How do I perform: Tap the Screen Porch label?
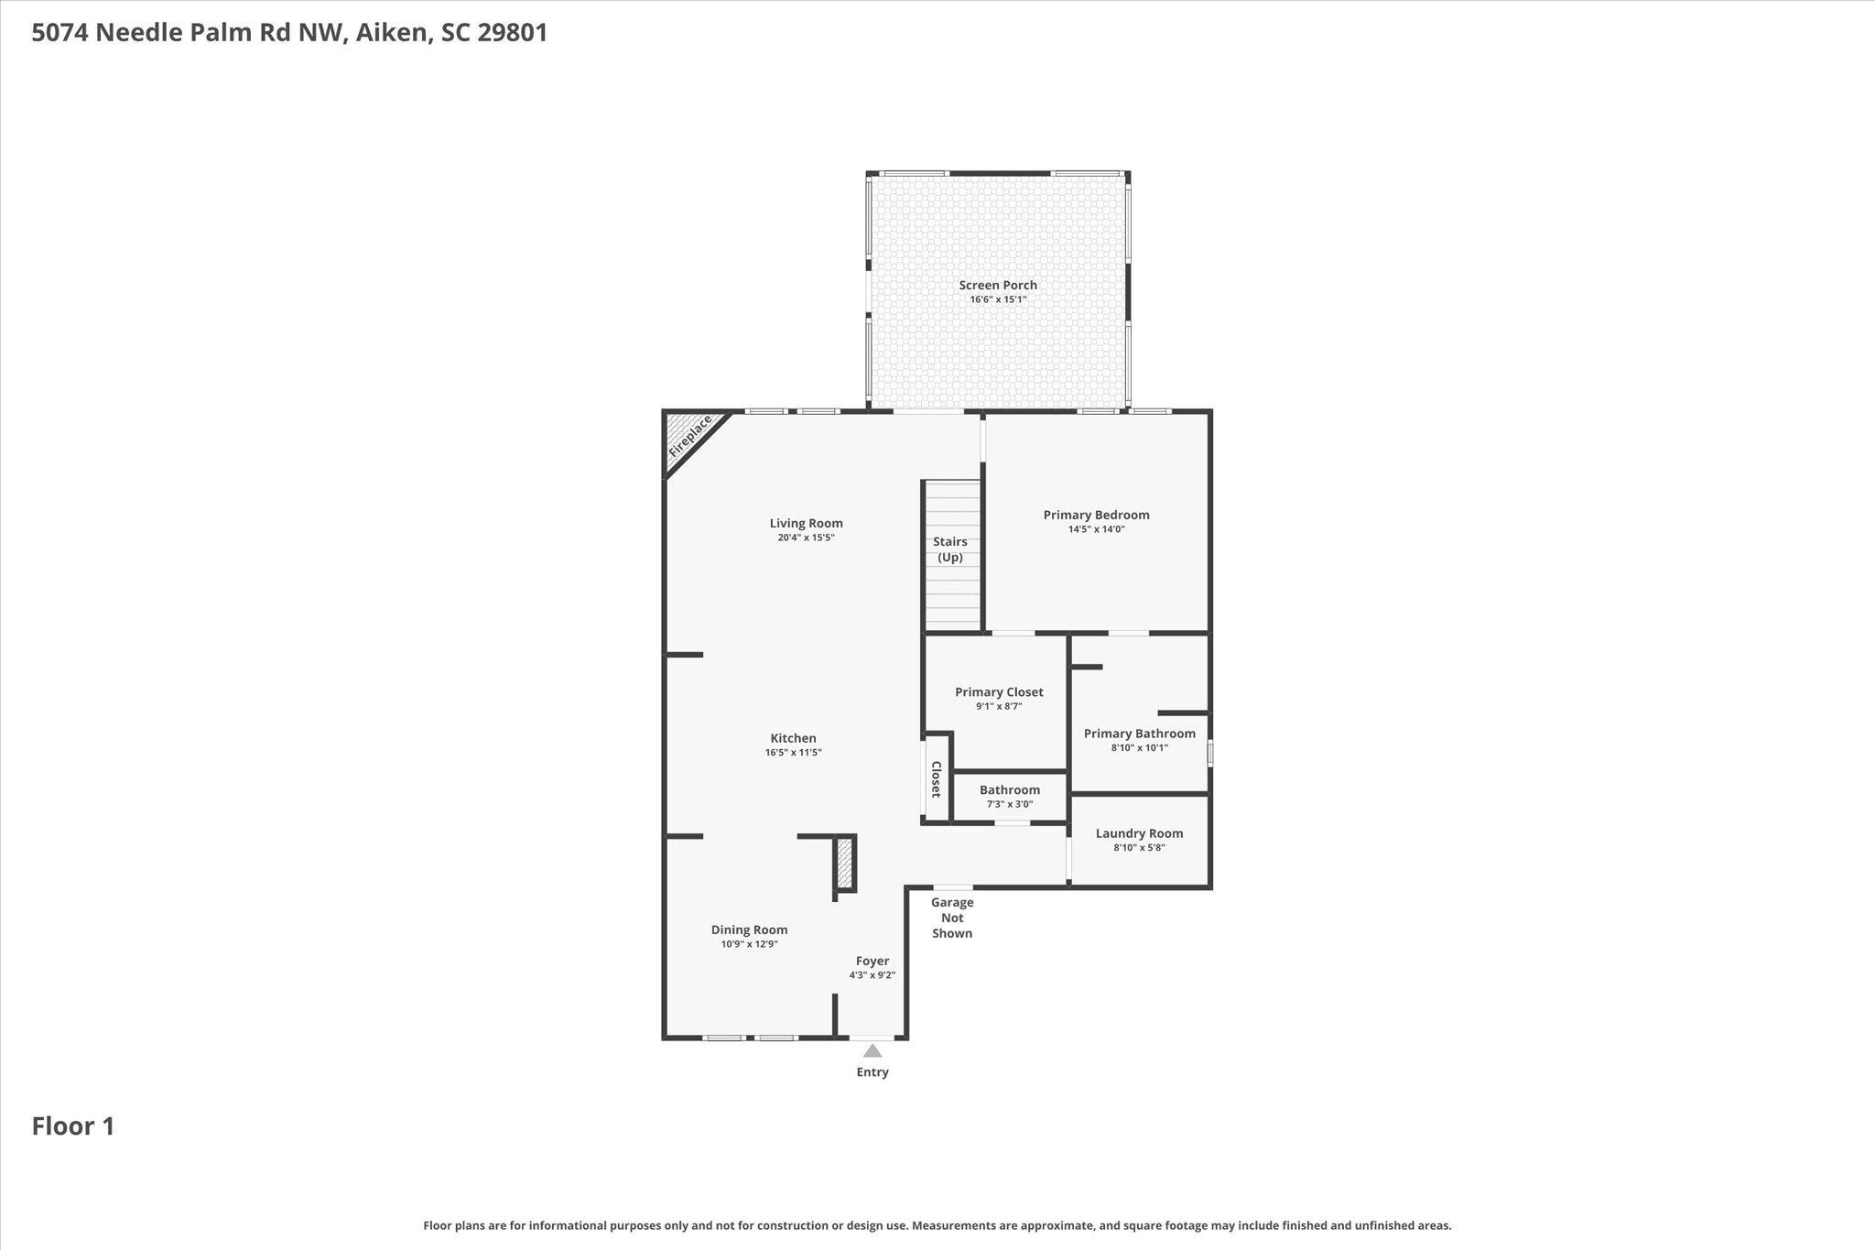click(998, 285)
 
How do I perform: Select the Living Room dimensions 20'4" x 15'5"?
click(806, 538)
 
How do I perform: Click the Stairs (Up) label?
click(950, 549)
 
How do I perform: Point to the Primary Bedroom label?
click(1096, 515)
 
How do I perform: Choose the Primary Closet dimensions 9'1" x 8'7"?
click(999, 706)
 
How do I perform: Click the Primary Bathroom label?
click(1139, 734)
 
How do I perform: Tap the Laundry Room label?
click(1139, 833)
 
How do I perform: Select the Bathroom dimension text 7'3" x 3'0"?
click(1009, 804)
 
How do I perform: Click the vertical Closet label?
click(937, 779)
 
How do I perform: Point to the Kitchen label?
click(793, 738)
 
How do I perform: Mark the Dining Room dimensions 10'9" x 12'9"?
click(749, 944)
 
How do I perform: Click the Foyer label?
click(872, 961)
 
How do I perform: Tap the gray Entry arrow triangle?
click(872, 1051)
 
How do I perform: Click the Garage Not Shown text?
click(952, 918)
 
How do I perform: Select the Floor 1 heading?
click(73, 1125)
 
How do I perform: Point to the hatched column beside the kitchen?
click(845, 863)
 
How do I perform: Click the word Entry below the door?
click(872, 1072)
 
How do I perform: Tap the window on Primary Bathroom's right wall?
click(1209, 754)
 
